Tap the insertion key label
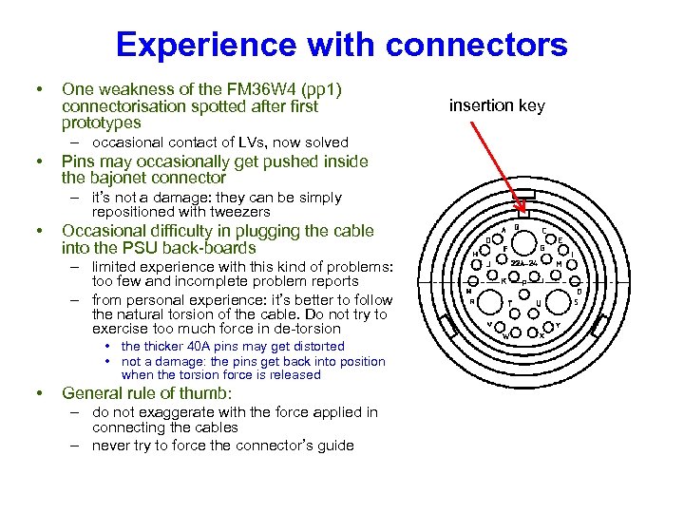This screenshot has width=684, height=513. pos(497,105)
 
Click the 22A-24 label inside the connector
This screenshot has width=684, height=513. pos(523,262)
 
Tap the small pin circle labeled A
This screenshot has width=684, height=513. pos(501,238)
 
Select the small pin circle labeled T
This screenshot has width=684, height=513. pos(510,294)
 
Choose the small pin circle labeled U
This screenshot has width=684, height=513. pos(539,294)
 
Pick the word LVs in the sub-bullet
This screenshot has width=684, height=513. pos(241,142)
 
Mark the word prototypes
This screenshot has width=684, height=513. pos(101,123)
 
